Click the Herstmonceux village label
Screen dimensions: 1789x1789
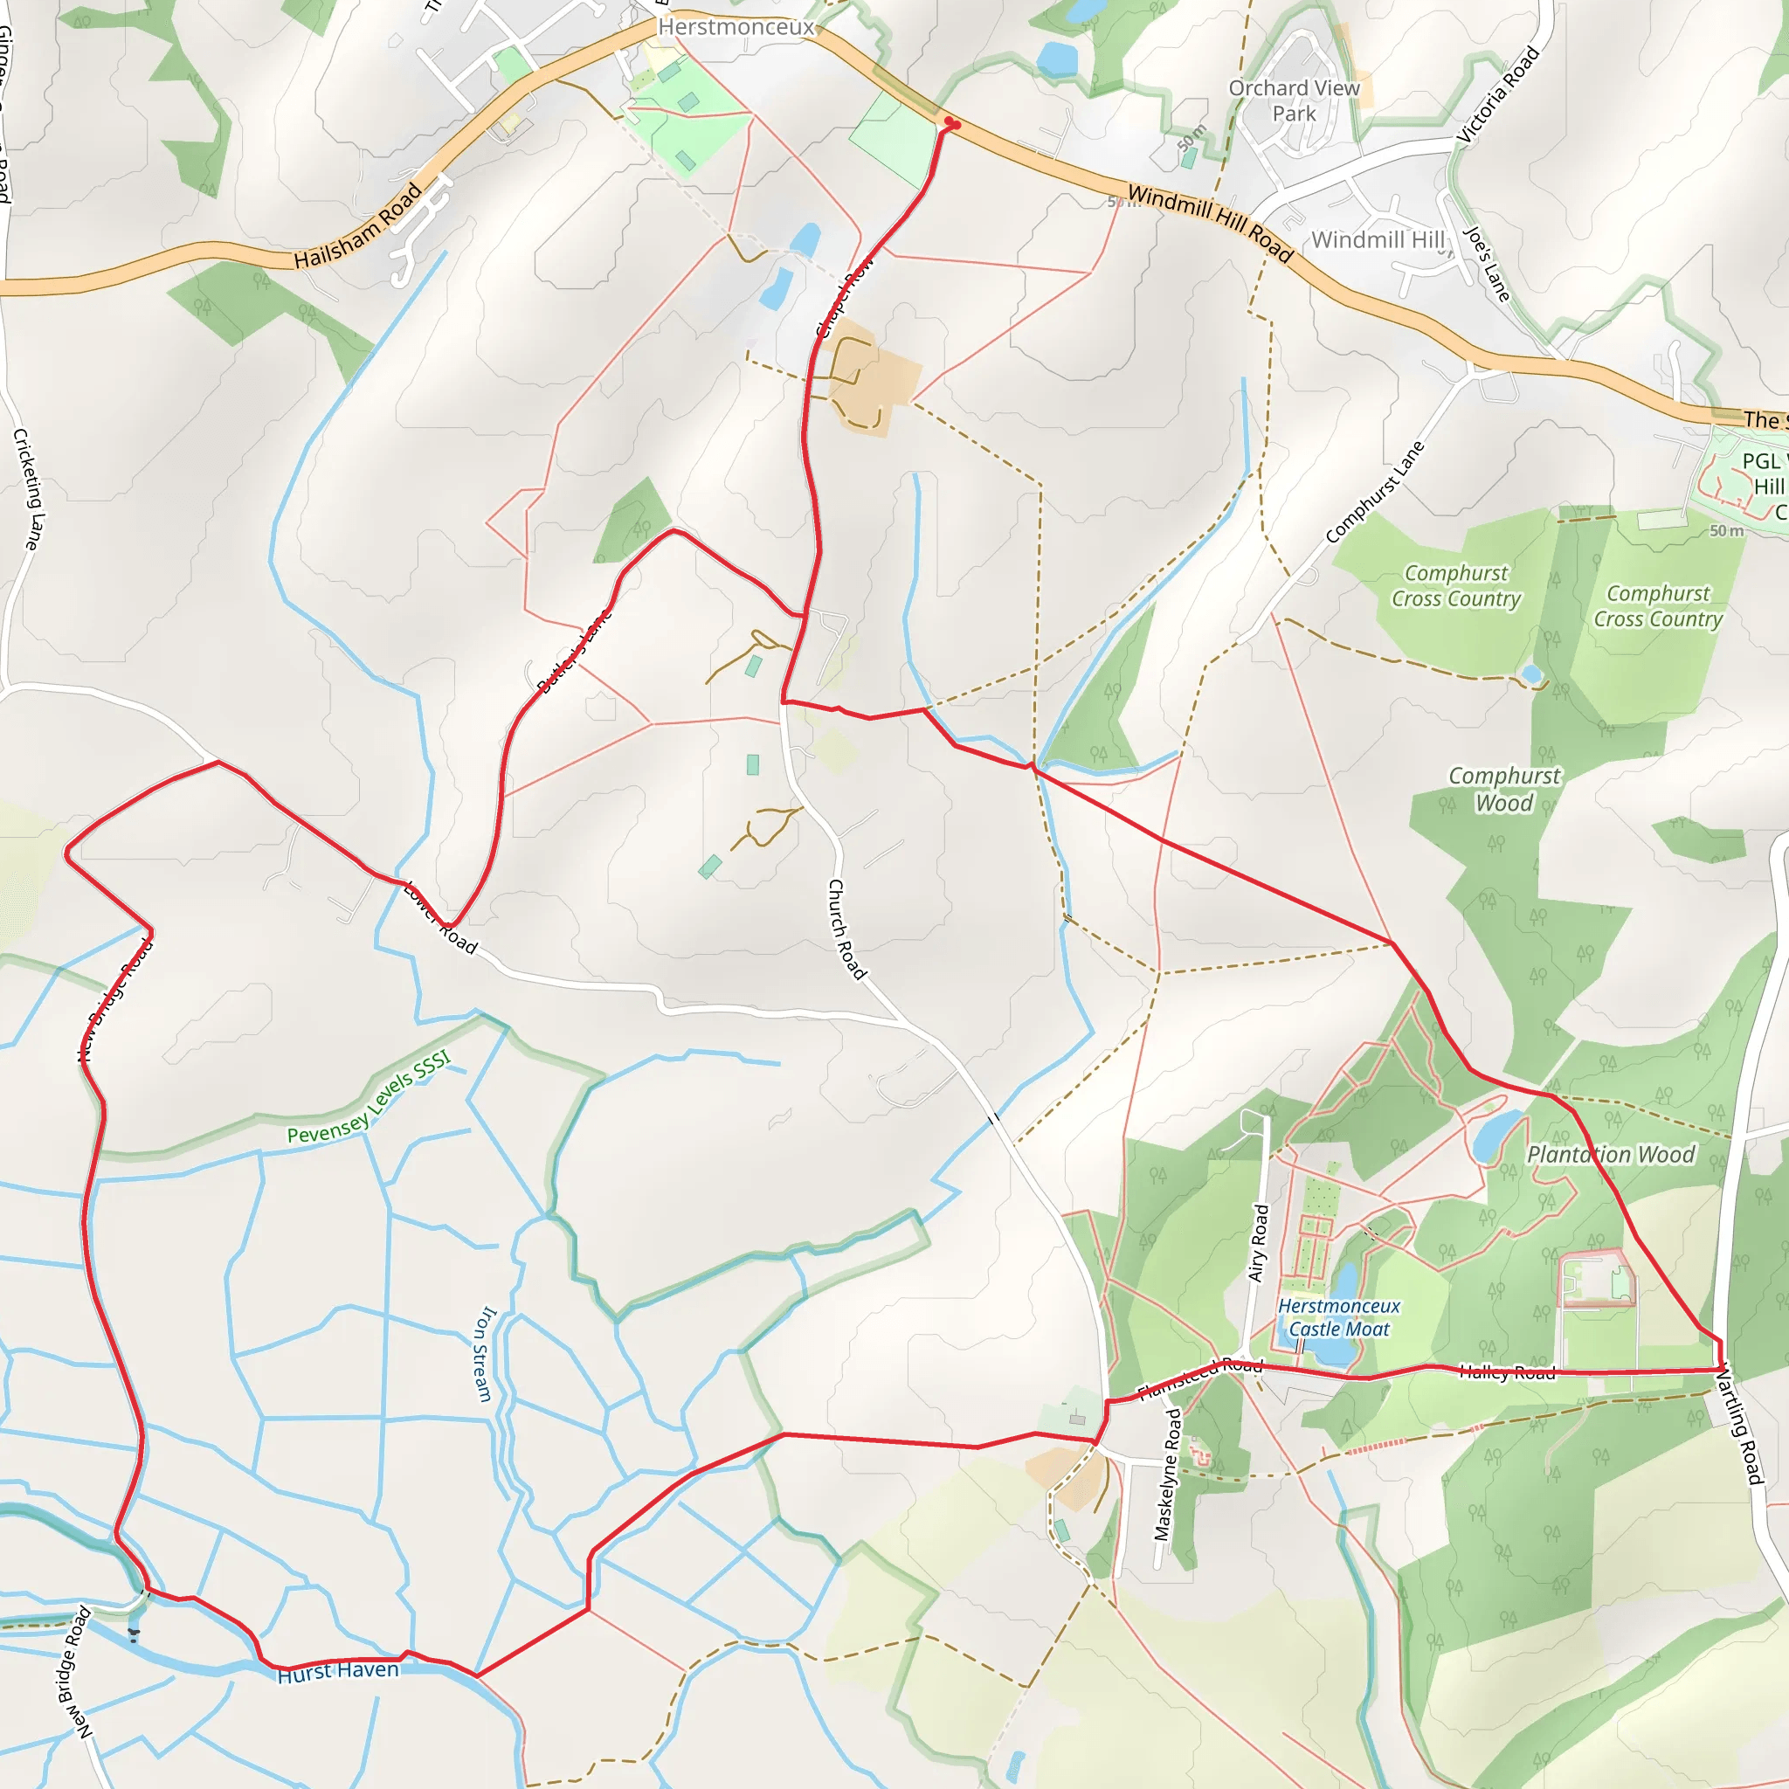pyautogui.click(x=736, y=27)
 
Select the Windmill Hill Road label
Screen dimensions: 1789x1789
pyautogui.click(x=1209, y=222)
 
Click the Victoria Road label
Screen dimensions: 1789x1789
pyautogui.click(x=1498, y=95)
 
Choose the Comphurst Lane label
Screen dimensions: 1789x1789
pyautogui.click(x=1374, y=493)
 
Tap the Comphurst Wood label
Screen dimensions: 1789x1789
pyautogui.click(x=1504, y=789)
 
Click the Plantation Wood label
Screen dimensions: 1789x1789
pyautogui.click(x=1611, y=1154)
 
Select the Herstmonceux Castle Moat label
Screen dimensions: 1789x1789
pyautogui.click(x=1339, y=1316)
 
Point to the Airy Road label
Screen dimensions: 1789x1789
pyautogui.click(x=1258, y=1243)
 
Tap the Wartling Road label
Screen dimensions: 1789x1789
pyautogui.click(x=1739, y=1426)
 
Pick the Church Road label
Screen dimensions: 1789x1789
pyautogui.click(x=847, y=929)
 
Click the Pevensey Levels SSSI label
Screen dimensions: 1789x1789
pyautogui.click(x=369, y=1097)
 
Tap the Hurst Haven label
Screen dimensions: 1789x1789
pyautogui.click(x=338, y=1670)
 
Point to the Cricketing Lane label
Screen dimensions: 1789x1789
pyautogui.click(x=27, y=489)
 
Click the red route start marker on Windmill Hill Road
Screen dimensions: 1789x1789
pyautogui.click(x=950, y=124)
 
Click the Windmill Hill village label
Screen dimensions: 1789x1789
pyautogui.click(x=1378, y=240)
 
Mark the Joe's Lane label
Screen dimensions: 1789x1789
pyautogui.click(x=1487, y=265)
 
